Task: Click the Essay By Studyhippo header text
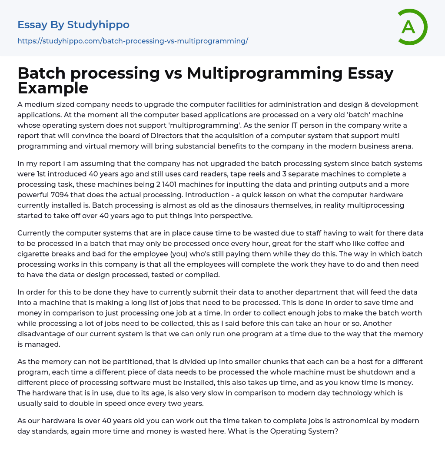[73, 25]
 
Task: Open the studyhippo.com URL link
[133, 41]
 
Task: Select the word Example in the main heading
[53, 88]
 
